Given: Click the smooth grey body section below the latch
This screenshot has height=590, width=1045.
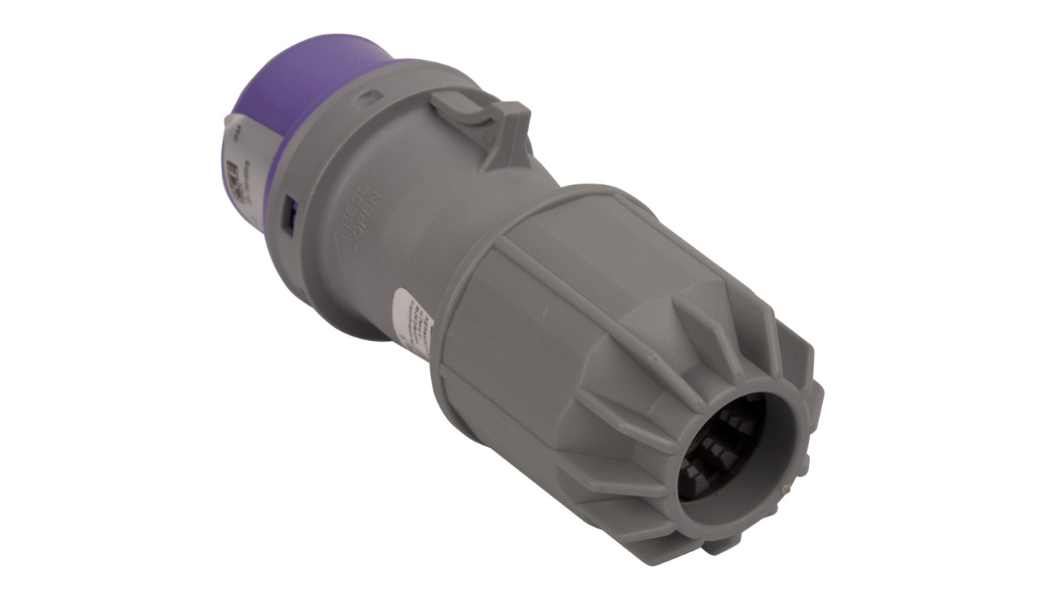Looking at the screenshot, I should (430, 207).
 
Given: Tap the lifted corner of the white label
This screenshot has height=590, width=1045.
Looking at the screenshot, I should (228, 123).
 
